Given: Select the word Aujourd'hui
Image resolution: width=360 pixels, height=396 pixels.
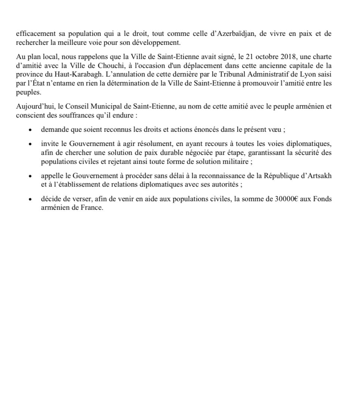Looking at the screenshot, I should coord(33,107).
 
